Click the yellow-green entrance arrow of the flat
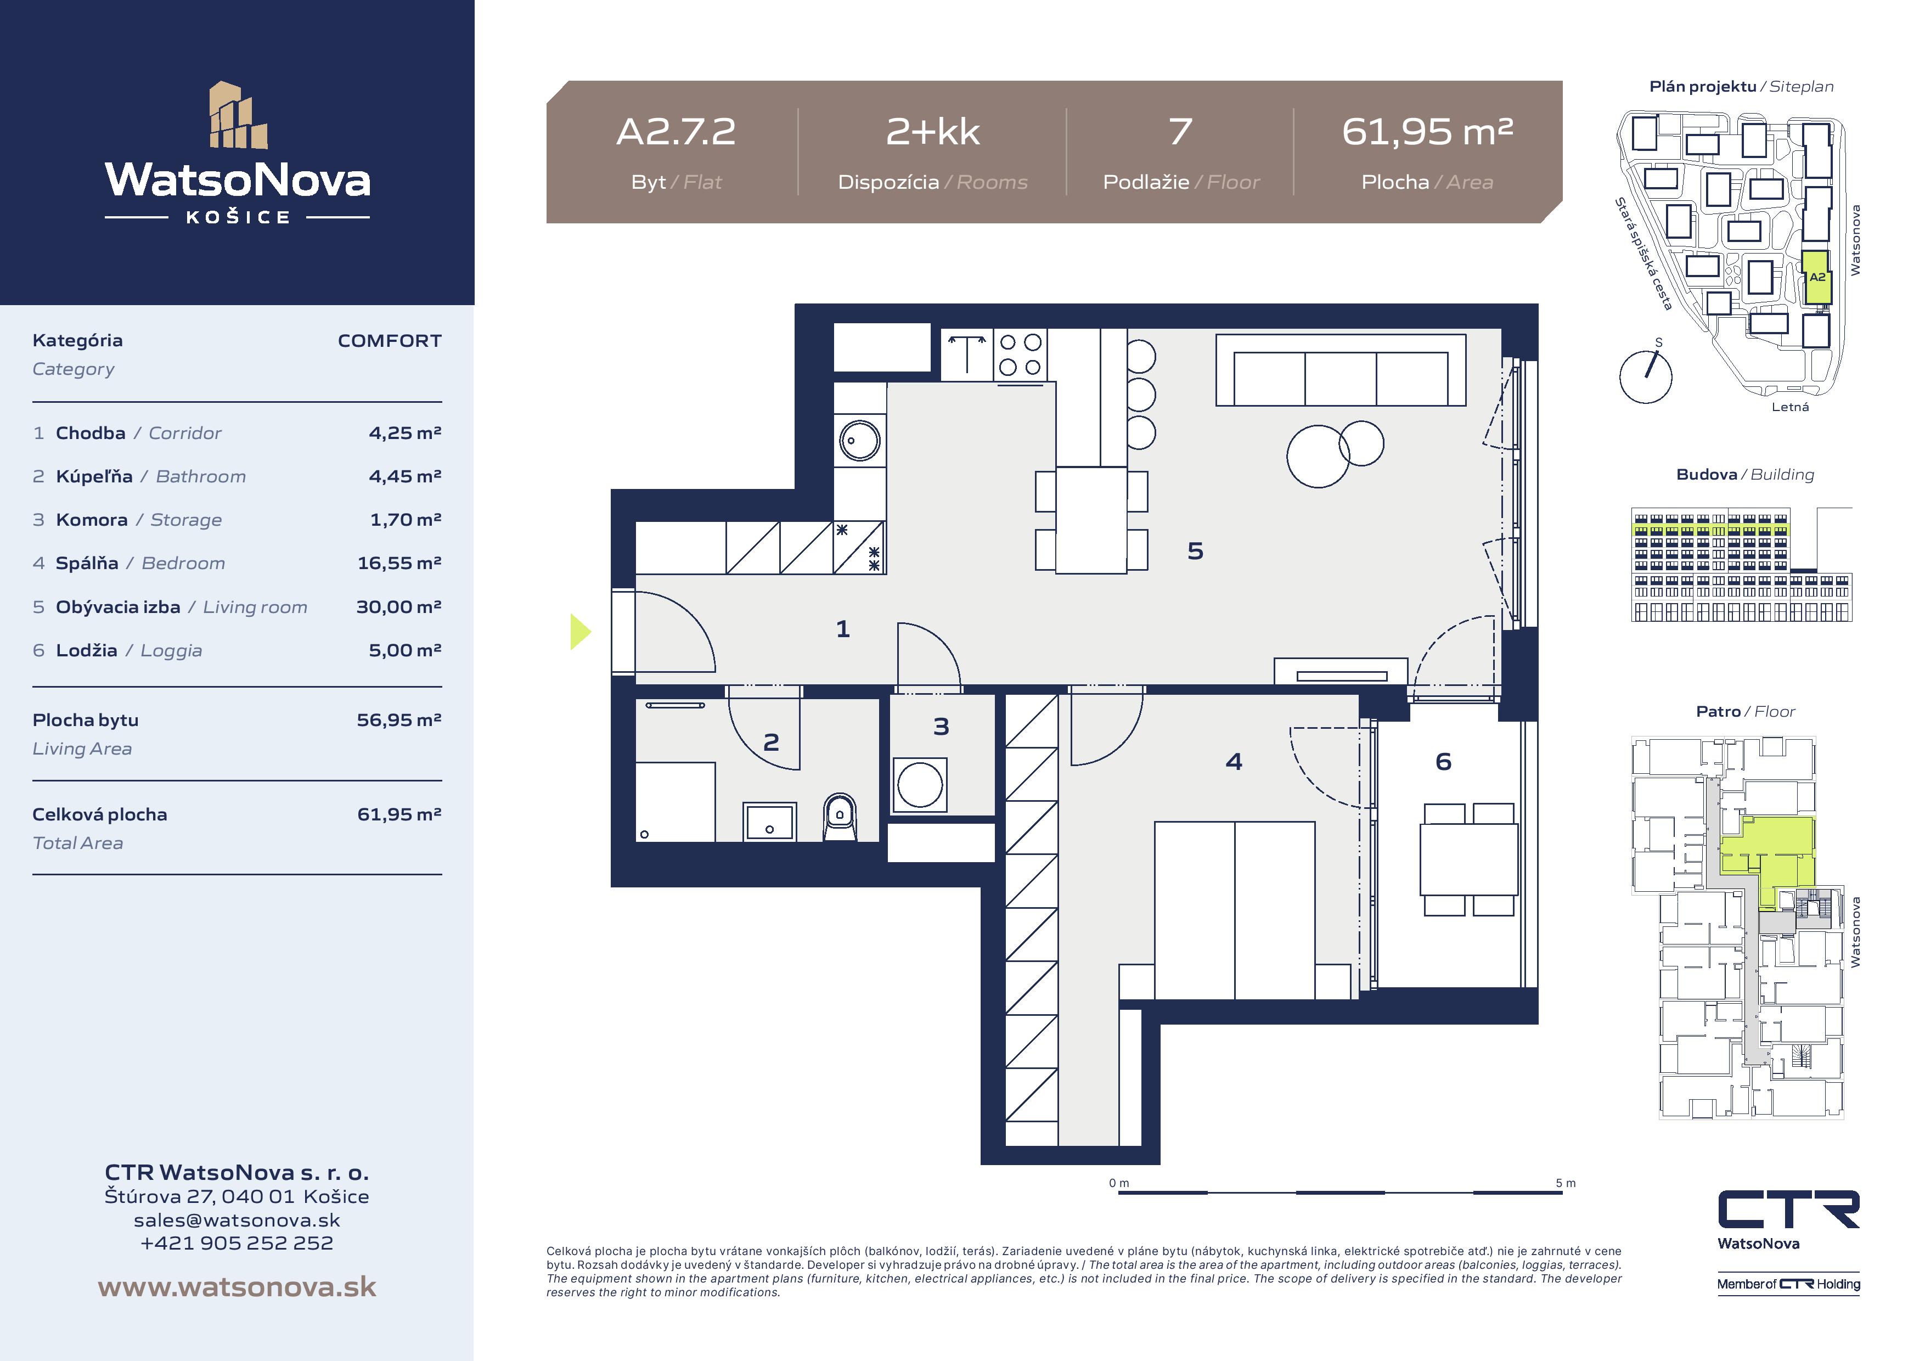(580, 632)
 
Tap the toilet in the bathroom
(839, 817)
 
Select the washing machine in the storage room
(920, 785)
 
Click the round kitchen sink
(859, 440)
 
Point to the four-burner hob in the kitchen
(1020, 354)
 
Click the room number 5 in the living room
(1196, 551)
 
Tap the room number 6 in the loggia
(1443, 761)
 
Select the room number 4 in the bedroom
(1234, 761)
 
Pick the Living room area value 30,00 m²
(399, 606)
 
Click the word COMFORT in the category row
(390, 340)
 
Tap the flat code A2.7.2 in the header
(676, 132)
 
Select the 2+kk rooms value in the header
(933, 132)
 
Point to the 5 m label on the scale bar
(1566, 1183)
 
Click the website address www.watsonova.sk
(237, 1287)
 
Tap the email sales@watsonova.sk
(237, 1220)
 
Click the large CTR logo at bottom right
(1788, 1210)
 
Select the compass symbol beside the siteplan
(1645, 376)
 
